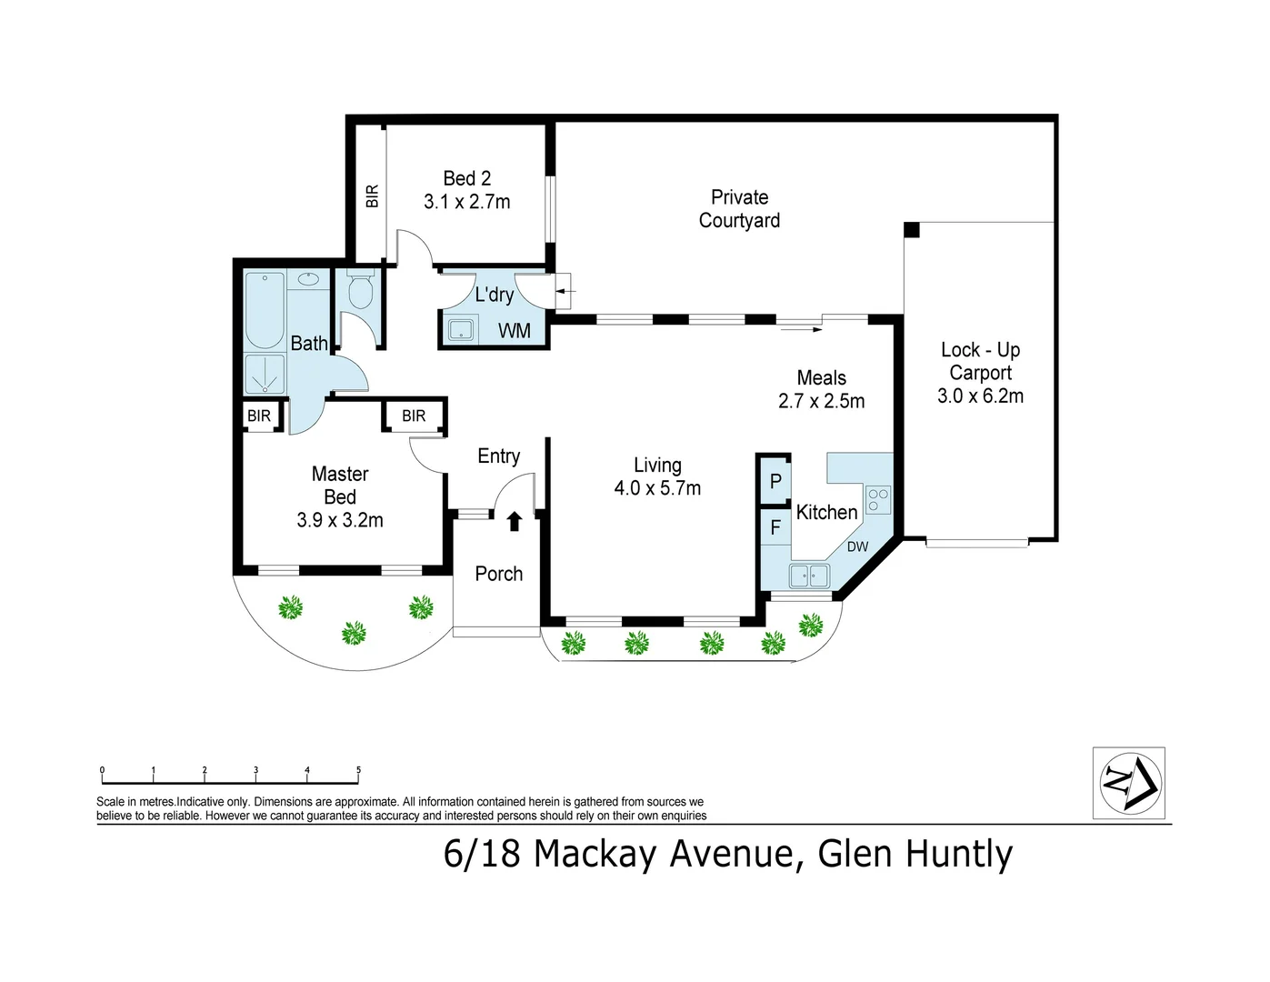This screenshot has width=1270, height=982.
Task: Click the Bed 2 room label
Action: point(466,178)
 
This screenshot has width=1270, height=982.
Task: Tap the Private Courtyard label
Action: point(739,209)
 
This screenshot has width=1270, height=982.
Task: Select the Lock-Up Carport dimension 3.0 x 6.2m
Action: point(980,396)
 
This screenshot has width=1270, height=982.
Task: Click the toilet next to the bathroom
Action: point(360,291)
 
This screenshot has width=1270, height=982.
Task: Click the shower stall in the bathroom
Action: point(265,375)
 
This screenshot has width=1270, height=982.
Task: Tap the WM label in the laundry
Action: point(515,331)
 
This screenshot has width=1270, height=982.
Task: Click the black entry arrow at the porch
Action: point(514,521)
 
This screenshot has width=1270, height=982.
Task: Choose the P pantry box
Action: point(775,481)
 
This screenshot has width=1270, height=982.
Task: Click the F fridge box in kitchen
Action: point(775,527)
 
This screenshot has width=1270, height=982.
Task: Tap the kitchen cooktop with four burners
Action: point(878,500)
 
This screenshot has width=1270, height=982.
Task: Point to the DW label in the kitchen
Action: point(857,547)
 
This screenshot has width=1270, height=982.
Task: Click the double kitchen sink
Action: point(809,576)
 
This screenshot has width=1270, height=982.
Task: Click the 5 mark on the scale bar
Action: point(358,771)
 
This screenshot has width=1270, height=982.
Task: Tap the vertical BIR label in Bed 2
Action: point(372,196)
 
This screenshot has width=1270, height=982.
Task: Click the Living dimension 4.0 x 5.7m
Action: point(657,488)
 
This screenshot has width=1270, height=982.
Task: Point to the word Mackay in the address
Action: point(595,855)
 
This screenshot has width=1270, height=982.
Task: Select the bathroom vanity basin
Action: point(310,278)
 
